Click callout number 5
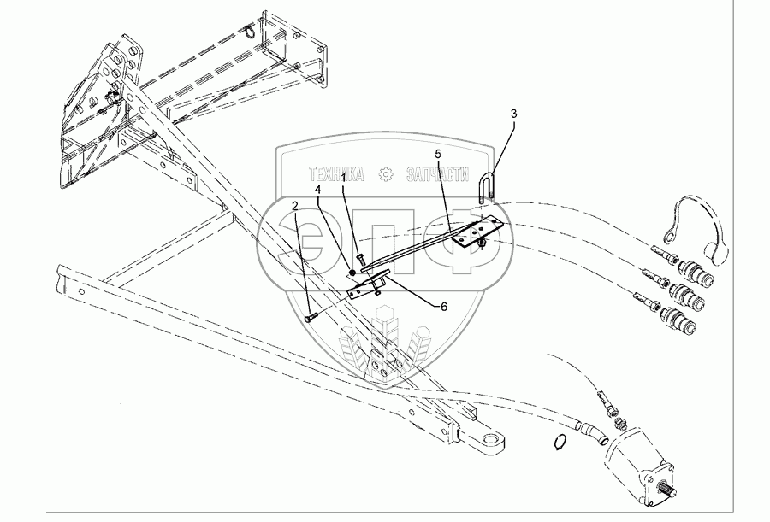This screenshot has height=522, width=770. (x=437, y=154)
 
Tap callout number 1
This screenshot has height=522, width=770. (x=344, y=178)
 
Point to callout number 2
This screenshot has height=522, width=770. (x=295, y=206)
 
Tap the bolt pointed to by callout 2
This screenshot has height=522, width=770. (x=311, y=317)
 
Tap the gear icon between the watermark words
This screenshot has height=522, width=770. (x=386, y=175)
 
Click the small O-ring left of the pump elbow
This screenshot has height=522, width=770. (x=560, y=442)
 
